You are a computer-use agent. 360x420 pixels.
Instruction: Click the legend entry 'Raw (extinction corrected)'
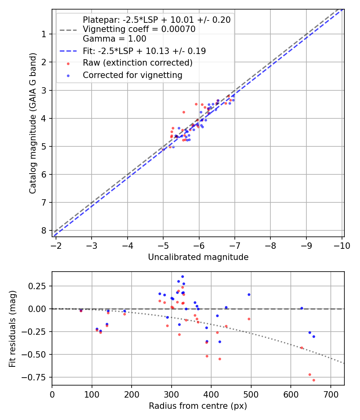coord(138,63)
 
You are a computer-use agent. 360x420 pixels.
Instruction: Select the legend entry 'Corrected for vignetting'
coord(132,75)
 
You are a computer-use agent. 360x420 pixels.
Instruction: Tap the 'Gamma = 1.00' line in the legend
coord(114,39)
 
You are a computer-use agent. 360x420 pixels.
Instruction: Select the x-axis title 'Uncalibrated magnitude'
coord(198,257)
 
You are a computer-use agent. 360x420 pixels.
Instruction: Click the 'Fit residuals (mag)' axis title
coord(12,328)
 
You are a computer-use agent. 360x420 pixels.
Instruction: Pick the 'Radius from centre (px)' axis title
coord(198,406)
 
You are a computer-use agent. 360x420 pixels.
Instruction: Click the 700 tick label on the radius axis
coord(330,394)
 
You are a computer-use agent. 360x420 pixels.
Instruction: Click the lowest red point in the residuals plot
coord(314,380)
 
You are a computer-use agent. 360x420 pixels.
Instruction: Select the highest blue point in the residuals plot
coord(182,276)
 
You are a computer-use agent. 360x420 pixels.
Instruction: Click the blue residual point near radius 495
coord(249,294)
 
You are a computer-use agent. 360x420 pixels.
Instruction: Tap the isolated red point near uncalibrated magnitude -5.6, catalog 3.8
coord(184,112)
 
